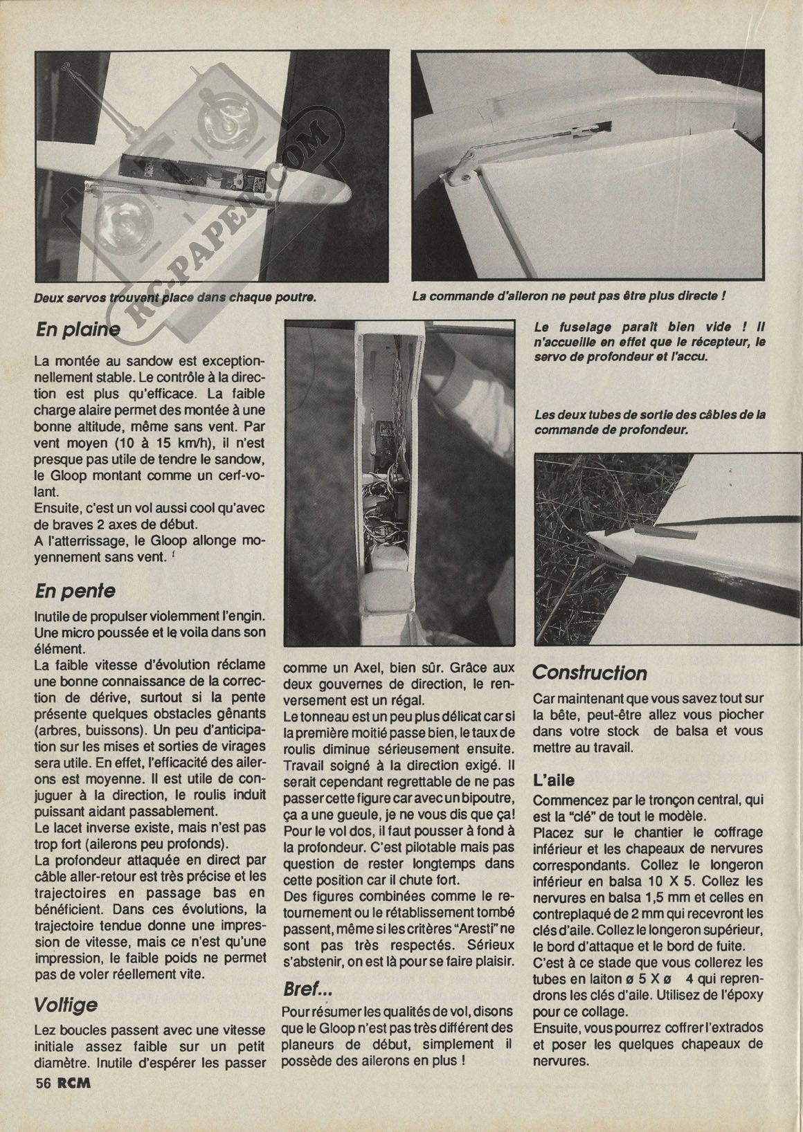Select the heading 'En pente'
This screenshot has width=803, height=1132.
(x=75, y=591)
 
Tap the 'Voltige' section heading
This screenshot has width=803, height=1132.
(x=66, y=1005)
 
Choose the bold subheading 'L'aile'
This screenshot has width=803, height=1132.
(x=554, y=779)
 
